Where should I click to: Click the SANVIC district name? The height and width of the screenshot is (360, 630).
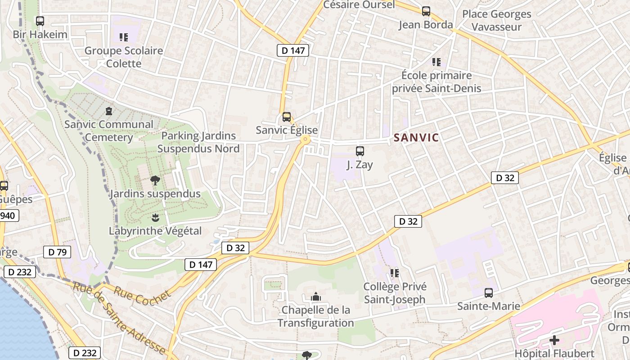point(416,138)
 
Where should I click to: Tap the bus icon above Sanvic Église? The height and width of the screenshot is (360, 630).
point(287,117)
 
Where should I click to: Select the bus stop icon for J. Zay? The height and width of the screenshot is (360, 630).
point(360,151)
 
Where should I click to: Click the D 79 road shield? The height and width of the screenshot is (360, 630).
point(57,252)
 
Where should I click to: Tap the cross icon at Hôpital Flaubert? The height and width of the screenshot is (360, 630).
point(554,340)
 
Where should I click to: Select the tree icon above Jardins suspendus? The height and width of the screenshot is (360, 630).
point(155,181)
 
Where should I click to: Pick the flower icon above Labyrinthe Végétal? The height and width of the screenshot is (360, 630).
point(155,218)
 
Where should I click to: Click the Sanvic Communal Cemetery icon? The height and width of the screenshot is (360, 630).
point(108,111)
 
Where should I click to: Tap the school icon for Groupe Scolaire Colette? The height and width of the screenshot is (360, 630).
point(123,37)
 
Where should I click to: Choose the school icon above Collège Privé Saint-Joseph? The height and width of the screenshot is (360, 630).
point(395,273)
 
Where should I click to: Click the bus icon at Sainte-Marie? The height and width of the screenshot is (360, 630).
point(489,293)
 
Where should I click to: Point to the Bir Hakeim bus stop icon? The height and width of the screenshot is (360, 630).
point(40,21)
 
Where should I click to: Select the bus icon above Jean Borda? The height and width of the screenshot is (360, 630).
point(426,11)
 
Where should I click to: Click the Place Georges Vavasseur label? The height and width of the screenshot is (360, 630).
point(497,20)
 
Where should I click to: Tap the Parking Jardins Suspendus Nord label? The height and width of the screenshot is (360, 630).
point(198,142)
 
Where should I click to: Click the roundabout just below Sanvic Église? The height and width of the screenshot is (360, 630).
point(306,140)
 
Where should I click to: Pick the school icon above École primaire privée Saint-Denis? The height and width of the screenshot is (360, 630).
point(436,62)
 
